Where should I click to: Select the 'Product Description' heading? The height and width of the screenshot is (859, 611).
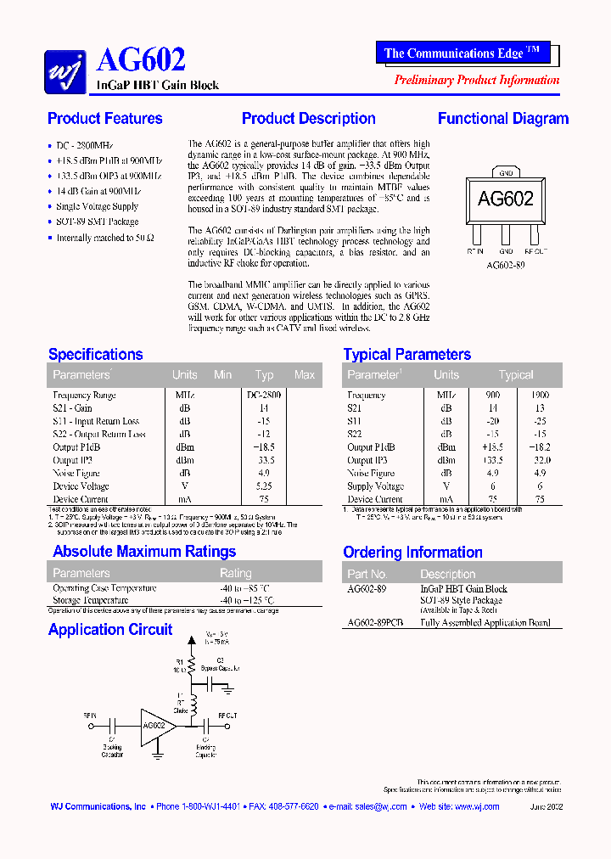pyautogui.click(x=308, y=119)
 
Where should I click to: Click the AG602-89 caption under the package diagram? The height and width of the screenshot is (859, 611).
pyautogui.click(x=505, y=264)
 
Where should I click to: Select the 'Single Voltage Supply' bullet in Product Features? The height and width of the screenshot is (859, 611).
pyautogui.click(x=97, y=206)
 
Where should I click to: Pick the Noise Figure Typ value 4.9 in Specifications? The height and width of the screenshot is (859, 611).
pyautogui.click(x=265, y=473)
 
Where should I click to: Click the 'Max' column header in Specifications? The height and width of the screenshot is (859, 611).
pyautogui.click(x=304, y=374)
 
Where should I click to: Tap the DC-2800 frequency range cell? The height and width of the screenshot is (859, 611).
pyautogui.click(x=265, y=395)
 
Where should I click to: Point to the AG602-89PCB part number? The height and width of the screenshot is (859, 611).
pyautogui.click(x=375, y=622)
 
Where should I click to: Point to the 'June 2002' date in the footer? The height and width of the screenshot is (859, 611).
pyautogui.click(x=545, y=806)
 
